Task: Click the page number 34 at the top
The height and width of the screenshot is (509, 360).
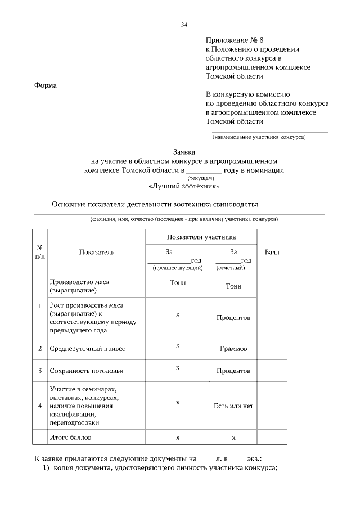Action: click(184, 25)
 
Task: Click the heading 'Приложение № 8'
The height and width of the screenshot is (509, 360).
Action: click(234, 40)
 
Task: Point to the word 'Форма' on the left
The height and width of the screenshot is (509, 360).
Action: click(46, 85)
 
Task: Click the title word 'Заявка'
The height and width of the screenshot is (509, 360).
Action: click(184, 152)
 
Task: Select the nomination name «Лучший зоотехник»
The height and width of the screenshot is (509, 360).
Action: click(184, 186)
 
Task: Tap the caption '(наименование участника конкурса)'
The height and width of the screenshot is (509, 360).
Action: click(259, 137)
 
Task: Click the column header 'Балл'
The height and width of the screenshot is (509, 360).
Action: click(272, 252)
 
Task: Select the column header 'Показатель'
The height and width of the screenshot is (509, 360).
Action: click(97, 252)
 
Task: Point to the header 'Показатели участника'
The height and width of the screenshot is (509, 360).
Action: click(201, 237)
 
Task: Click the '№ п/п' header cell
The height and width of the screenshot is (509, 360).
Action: click(40, 252)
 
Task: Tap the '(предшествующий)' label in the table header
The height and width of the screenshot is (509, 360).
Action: click(178, 268)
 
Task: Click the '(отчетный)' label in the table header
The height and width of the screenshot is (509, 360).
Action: click(233, 268)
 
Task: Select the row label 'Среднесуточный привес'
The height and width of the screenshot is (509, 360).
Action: click(87, 349)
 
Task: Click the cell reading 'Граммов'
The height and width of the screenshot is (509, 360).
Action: click(233, 349)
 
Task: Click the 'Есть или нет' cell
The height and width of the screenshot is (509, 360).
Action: click(233, 406)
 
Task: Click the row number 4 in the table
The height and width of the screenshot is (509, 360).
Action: click(40, 406)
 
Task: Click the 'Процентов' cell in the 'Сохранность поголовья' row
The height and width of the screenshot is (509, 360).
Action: click(233, 371)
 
